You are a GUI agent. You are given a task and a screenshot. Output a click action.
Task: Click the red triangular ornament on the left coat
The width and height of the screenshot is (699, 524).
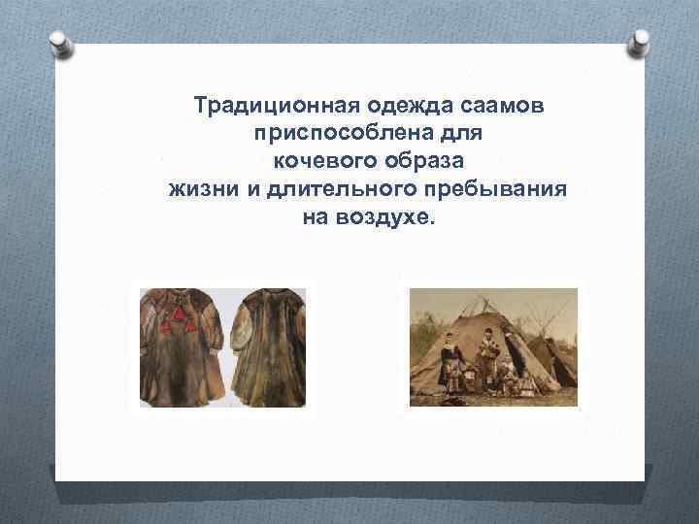[x=178, y=320]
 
